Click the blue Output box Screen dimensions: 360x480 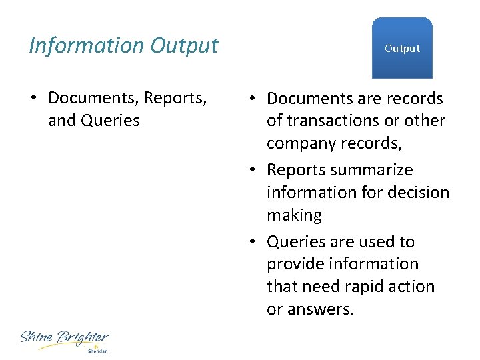402,48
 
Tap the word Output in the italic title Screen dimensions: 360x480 185,45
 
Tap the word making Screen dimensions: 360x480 294,215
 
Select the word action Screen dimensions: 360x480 416,287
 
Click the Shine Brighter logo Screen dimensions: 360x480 64,338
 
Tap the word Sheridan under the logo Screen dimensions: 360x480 97,350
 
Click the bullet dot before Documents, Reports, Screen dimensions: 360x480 33,99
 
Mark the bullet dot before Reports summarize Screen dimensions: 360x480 251,171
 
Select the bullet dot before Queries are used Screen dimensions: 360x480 251,242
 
